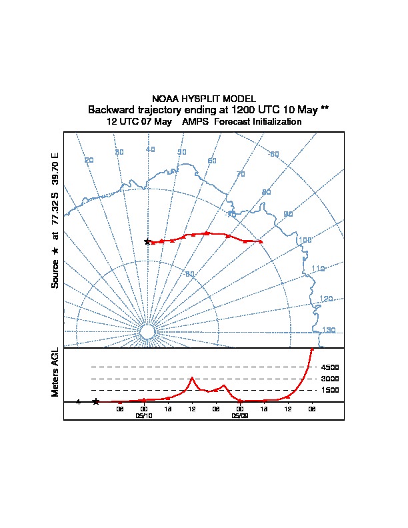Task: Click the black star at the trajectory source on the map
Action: coord(147,241)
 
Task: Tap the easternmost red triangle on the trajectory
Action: coord(261,241)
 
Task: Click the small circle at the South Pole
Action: coord(147,331)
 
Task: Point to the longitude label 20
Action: coord(89,160)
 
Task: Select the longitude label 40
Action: coord(150,149)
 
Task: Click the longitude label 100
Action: coord(305,240)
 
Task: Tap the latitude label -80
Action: coord(190,274)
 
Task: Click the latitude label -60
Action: coord(274,155)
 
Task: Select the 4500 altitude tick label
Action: coord(330,367)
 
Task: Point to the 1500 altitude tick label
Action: coord(330,390)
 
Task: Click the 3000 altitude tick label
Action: coord(330,379)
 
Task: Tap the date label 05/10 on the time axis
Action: coord(144,415)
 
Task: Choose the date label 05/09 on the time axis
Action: coord(240,415)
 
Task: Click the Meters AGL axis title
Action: coord(56,373)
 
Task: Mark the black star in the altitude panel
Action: coord(96,401)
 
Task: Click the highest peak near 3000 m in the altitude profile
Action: coord(192,379)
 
